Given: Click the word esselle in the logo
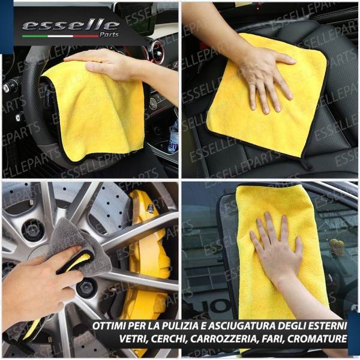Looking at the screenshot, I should [70, 25].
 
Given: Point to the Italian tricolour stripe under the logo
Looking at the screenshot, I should [60, 35].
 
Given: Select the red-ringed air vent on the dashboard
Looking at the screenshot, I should [157, 50].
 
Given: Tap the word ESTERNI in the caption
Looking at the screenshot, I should [326, 327].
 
